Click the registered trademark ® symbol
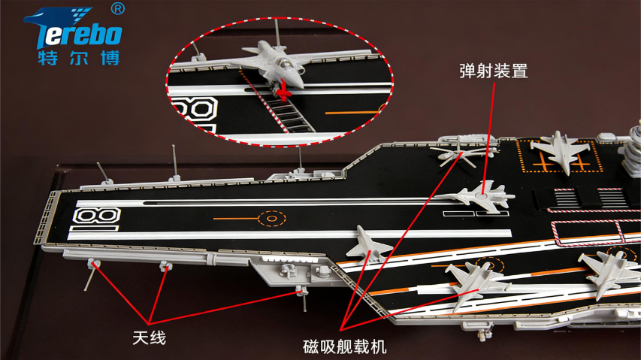tap(117, 9)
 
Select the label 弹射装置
tap(493, 71)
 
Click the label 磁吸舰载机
tap(344, 346)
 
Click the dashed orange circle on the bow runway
tap(271, 219)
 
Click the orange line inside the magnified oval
tap(353, 113)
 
